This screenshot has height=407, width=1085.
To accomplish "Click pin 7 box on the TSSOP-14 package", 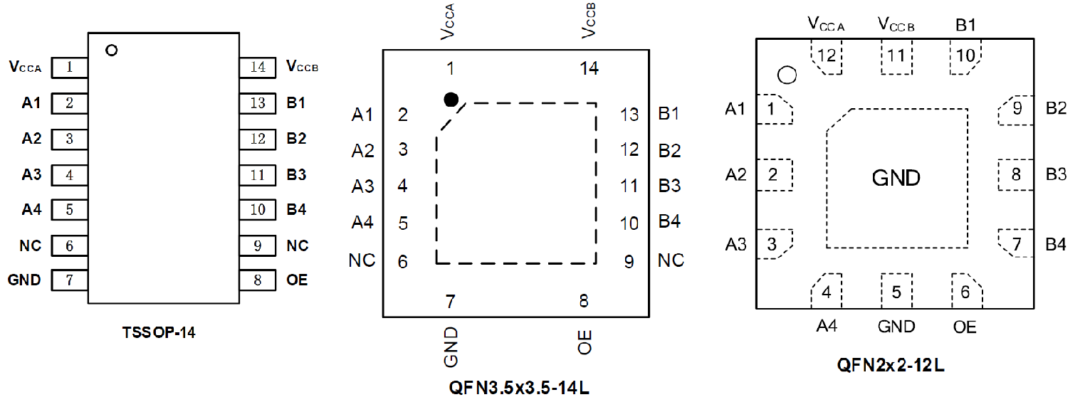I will click(69, 280).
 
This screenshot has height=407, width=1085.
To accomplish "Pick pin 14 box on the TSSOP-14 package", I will click(258, 68).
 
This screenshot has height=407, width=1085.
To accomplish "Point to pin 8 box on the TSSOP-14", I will click(258, 280).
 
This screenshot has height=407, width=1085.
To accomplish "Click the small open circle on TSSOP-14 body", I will click(110, 51).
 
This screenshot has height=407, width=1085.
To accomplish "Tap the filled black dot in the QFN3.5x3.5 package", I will click(451, 100).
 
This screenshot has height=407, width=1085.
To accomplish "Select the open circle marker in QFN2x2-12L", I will click(787, 75).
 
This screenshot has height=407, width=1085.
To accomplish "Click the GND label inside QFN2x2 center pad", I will click(896, 178).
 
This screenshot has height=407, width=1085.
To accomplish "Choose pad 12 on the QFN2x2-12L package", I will click(827, 56).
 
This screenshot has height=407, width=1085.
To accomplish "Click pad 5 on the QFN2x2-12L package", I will click(896, 291).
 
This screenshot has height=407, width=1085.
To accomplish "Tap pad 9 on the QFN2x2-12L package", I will click(1016, 109).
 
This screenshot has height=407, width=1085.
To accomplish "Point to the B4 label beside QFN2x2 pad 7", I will click(1056, 245).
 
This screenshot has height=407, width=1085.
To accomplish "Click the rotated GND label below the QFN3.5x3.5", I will click(451, 347).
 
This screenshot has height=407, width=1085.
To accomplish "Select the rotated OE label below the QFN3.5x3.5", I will click(585, 343).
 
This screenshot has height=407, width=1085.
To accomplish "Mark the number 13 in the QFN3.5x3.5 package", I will click(629, 115).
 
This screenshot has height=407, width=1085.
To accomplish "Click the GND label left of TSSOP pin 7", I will click(24, 280).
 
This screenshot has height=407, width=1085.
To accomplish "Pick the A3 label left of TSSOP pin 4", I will click(31, 174).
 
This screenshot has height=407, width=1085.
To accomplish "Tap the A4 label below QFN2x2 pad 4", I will click(827, 327).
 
